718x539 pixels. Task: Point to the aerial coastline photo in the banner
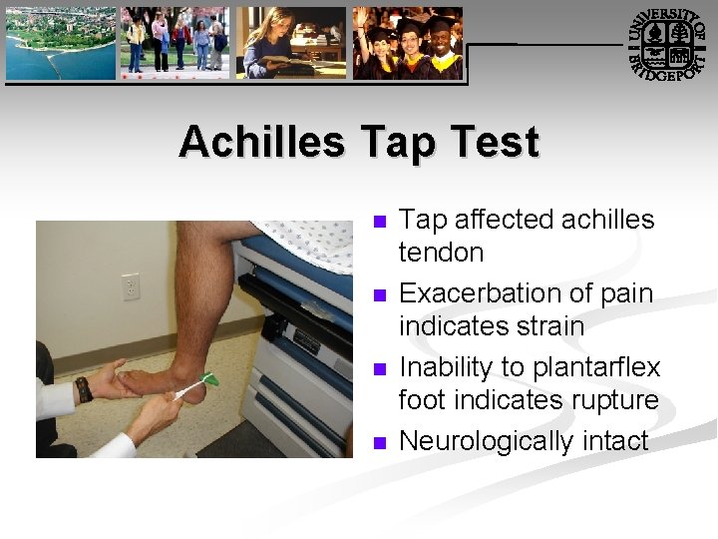(x=60, y=43)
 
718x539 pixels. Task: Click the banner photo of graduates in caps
(x=407, y=43)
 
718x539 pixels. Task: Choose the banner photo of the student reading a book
(x=290, y=43)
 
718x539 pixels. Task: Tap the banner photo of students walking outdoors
(x=175, y=43)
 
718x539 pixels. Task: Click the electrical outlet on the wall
(x=131, y=286)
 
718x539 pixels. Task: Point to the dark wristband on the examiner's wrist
(x=84, y=388)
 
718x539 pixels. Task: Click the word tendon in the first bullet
(x=441, y=253)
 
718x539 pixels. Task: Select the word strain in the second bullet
(x=546, y=326)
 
